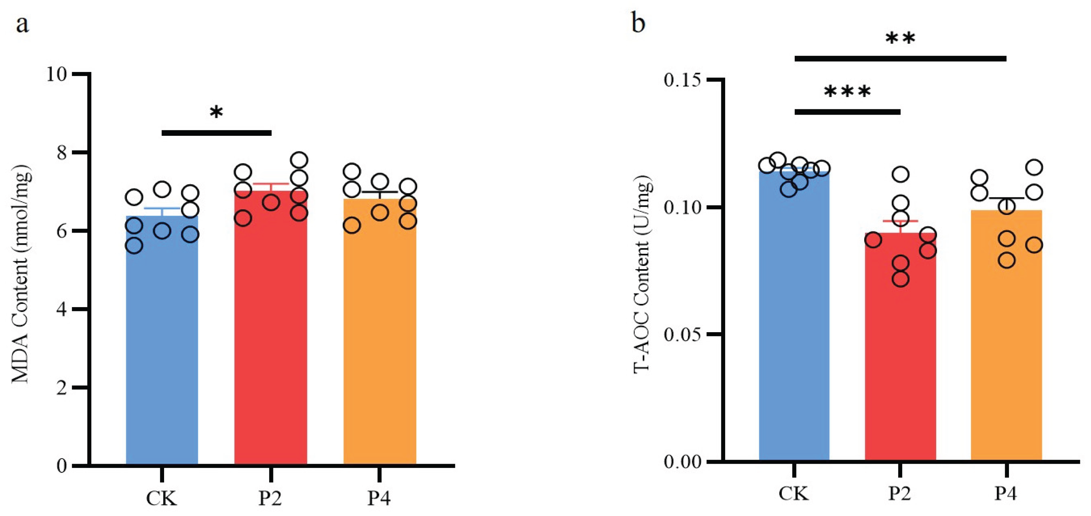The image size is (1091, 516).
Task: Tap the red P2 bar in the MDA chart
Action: pyautogui.click(x=271, y=339)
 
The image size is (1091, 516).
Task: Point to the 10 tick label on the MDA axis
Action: pyautogui.click(x=57, y=74)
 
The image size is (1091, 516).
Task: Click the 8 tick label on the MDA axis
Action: pyautogui.click(x=62, y=153)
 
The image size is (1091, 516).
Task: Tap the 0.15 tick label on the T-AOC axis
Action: pyautogui.click(x=681, y=80)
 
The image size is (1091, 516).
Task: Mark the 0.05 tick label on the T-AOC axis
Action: pyautogui.click(x=681, y=334)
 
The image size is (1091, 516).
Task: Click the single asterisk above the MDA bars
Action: pyautogui.click(x=216, y=113)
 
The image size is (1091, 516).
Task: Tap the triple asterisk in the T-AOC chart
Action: pyautogui.click(x=847, y=92)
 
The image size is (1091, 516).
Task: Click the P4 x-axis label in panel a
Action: pyautogui.click(x=379, y=498)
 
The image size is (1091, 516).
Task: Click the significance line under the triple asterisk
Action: pyautogui.click(x=847, y=112)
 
